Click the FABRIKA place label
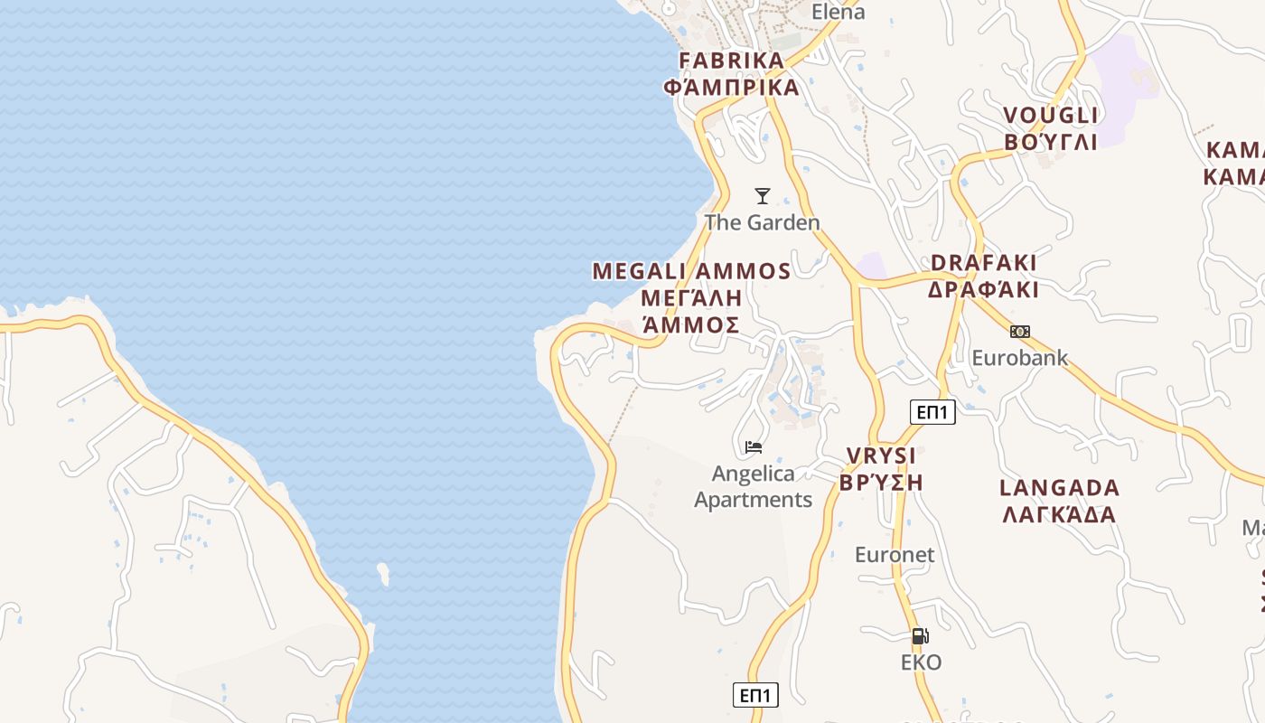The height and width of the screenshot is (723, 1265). point(732,61)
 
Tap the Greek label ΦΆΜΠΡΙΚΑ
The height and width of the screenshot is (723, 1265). point(732,88)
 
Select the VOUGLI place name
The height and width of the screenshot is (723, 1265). point(1051,116)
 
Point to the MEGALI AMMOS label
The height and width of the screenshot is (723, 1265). point(691,271)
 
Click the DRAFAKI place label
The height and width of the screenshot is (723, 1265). point(984,263)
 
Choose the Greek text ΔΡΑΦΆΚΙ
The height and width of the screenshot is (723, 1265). point(984,290)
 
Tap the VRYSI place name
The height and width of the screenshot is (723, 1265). point(881,455)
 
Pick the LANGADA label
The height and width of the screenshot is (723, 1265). point(1059,488)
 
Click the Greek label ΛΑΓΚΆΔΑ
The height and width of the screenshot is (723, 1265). point(1059,515)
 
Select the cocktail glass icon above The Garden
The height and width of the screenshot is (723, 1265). point(763,196)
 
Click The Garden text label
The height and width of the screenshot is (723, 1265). point(763,222)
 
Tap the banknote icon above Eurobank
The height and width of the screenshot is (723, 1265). point(1020,332)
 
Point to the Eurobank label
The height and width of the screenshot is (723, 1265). point(1020,358)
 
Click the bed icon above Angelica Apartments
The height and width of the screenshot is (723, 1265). point(754,446)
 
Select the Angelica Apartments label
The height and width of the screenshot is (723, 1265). point(754,486)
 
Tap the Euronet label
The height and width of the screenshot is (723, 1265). point(895,555)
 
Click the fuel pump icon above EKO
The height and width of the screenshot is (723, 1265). point(921,636)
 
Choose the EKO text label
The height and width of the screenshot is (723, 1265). point(921,662)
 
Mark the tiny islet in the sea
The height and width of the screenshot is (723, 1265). point(384,574)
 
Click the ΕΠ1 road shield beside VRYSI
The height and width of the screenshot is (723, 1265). point(932,413)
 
